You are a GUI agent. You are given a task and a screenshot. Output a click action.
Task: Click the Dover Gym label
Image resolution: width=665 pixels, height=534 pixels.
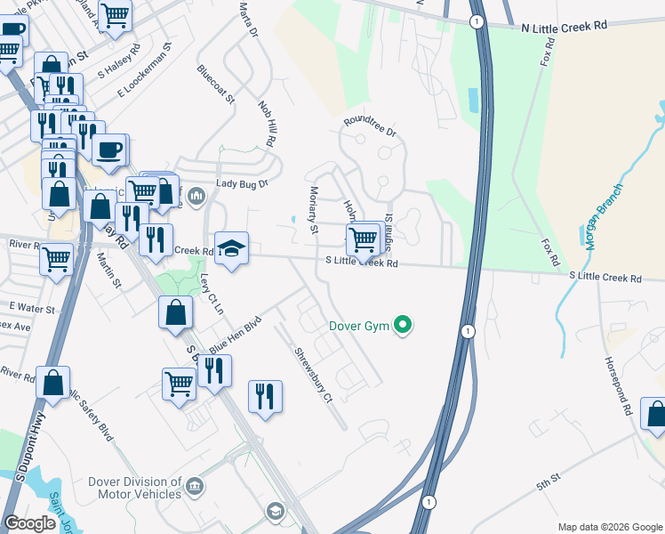pyautogui.click(x=359, y=327)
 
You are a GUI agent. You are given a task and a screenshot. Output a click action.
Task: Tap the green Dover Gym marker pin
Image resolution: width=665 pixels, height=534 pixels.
pyautogui.click(x=404, y=326)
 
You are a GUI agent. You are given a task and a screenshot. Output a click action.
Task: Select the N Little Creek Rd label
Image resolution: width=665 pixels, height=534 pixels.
pyautogui.click(x=564, y=27)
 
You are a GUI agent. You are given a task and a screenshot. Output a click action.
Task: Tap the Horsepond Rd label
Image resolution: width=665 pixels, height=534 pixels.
pyautogui.click(x=617, y=379)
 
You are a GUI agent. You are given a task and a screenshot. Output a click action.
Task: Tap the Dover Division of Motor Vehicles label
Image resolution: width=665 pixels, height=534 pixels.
pyautogui.click(x=134, y=488)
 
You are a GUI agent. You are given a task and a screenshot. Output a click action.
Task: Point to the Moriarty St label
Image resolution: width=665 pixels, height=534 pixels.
pyautogui.click(x=314, y=210)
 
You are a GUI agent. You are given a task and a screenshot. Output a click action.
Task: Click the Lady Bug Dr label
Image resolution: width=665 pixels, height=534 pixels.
pyautogui.click(x=242, y=184)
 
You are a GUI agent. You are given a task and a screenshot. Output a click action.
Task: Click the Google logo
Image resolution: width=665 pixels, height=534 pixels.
pyautogui.click(x=30, y=523)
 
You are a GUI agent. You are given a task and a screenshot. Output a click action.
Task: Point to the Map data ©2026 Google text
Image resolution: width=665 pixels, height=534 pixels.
pyautogui.click(x=609, y=527)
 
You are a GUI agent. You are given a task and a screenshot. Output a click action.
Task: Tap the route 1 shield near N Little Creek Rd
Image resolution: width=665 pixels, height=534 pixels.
pyautogui.click(x=477, y=20)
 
